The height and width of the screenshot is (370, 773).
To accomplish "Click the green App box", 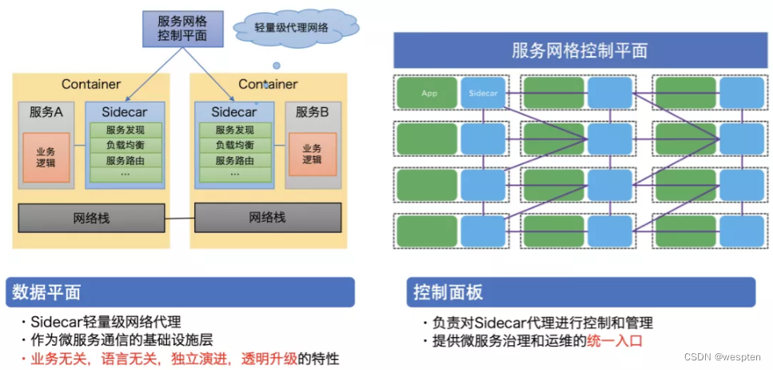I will (428, 94).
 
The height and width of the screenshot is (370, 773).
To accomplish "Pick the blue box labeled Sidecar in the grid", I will (483, 94).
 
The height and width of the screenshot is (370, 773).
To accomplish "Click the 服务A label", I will (46, 112).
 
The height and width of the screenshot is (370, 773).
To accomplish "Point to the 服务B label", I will (312, 112).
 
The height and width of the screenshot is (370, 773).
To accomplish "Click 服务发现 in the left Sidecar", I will (124, 130).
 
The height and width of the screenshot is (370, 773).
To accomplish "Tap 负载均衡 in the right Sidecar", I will (234, 145).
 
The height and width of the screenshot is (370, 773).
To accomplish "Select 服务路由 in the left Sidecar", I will (124, 160).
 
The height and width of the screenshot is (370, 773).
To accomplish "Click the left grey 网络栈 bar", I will (90, 217).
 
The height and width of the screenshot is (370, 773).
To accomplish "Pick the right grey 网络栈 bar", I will (267, 217).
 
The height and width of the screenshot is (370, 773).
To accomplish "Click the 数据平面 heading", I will (47, 292).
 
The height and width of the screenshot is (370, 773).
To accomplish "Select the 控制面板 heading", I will (448, 292).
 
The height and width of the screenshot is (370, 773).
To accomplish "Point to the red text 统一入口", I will (615, 340).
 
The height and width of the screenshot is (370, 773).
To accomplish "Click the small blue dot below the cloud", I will (277, 65).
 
